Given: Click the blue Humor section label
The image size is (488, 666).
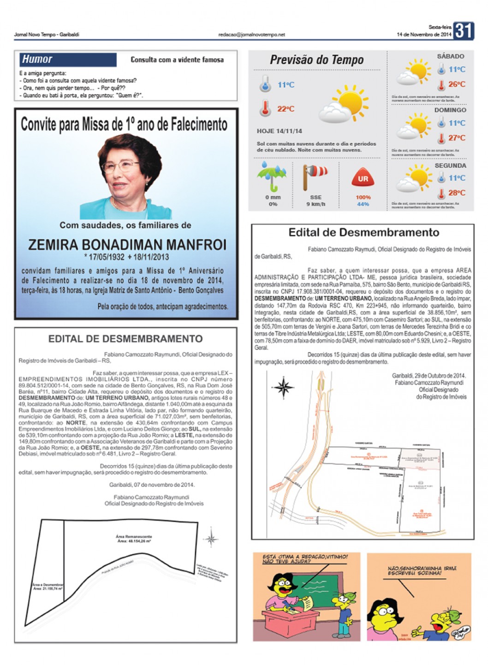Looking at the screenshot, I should click(x=37, y=59).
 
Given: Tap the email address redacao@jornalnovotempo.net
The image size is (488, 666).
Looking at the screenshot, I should click(x=251, y=35).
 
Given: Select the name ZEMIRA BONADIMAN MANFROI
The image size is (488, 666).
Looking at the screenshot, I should click(x=127, y=244).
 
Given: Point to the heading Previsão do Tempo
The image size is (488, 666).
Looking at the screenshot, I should click(x=316, y=60).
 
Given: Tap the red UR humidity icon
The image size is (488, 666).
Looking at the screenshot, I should click(x=363, y=179).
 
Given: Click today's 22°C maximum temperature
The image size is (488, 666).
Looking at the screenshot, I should click(x=286, y=109).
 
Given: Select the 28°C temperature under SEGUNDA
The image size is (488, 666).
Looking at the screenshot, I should click(x=457, y=193).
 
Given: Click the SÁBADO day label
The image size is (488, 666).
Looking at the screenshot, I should click(x=451, y=56).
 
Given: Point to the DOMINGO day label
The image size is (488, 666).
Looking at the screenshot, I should click(x=450, y=110).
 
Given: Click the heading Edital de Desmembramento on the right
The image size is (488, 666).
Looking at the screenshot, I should click(x=363, y=233).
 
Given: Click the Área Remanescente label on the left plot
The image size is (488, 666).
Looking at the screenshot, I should click(x=134, y=537).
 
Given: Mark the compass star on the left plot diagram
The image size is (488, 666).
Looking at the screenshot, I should click(x=211, y=539).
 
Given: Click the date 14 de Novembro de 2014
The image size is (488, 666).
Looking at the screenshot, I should click(x=424, y=35).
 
